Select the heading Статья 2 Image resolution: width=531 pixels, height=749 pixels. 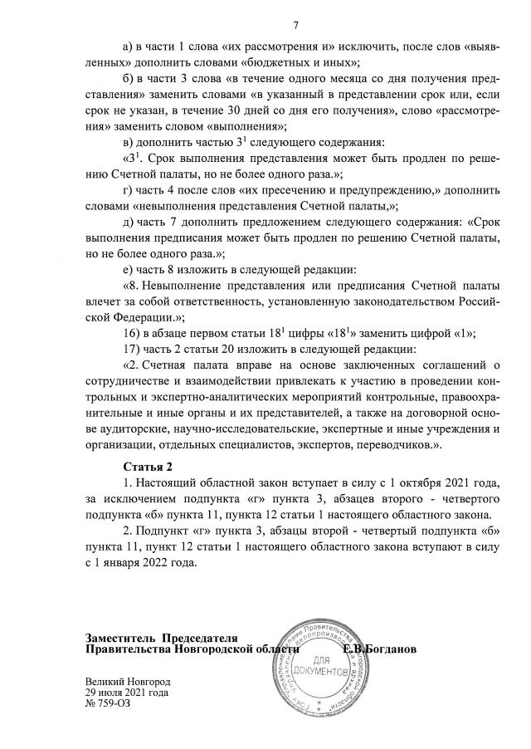(x=149, y=467)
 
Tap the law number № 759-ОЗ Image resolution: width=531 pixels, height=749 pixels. (x=108, y=703)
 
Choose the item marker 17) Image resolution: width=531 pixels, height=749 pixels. (x=133, y=348)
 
